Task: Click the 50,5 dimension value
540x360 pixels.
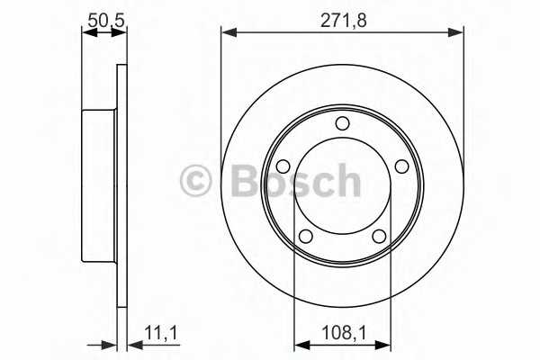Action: click(x=105, y=21)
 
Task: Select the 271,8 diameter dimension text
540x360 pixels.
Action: click(x=344, y=21)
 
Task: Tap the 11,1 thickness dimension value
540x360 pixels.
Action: click(x=160, y=333)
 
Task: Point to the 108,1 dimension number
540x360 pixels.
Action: click(x=344, y=333)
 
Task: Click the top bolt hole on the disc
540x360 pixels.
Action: click(x=342, y=123)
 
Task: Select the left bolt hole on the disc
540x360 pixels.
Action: click(x=283, y=166)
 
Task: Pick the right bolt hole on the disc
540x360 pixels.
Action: click(x=401, y=166)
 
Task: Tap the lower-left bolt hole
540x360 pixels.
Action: click(x=306, y=237)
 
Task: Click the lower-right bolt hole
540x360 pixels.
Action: click(x=379, y=237)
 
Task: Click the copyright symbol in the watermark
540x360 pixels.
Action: click(x=195, y=181)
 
